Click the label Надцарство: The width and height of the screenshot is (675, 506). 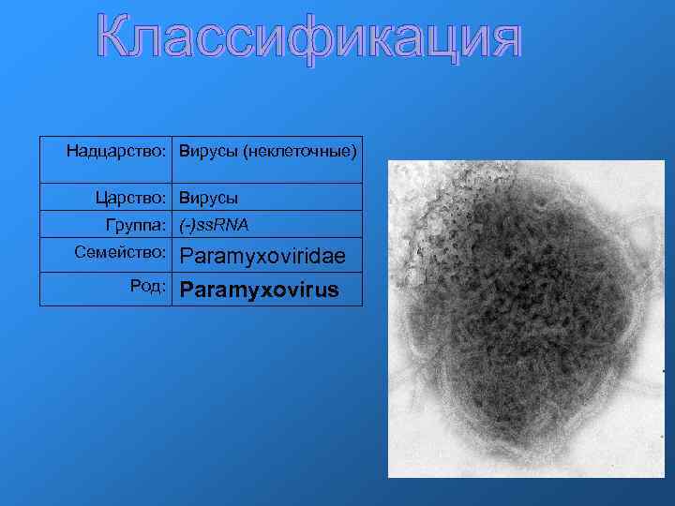tap(116, 150)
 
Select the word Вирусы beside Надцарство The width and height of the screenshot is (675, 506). tap(208, 150)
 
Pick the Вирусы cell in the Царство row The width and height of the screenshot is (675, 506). tap(208, 198)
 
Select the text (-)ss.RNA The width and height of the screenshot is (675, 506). tap(214, 225)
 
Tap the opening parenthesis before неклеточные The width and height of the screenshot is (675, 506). tap(246, 151)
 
